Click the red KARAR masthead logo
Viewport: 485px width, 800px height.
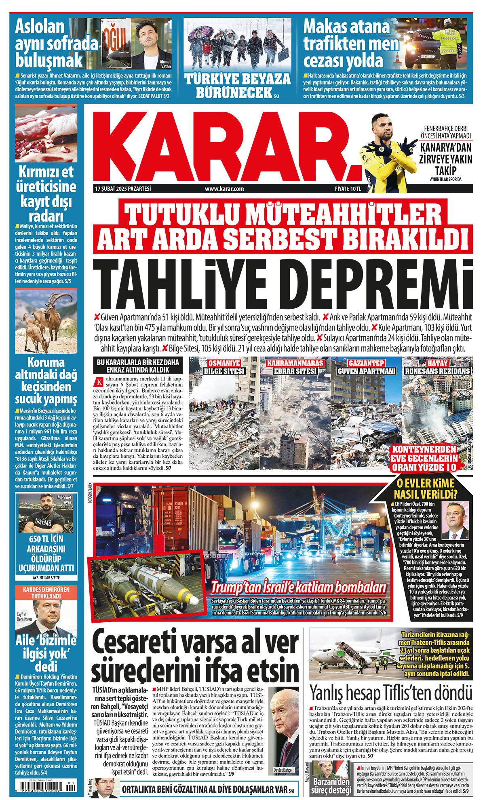click(x=226, y=145)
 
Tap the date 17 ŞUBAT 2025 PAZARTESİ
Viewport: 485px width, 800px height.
click(x=123, y=189)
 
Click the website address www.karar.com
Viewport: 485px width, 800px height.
click(x=224, y=189)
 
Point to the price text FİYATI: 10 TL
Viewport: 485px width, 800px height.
click(x=348, y=189)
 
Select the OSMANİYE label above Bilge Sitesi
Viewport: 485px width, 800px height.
click(x=224, y=363)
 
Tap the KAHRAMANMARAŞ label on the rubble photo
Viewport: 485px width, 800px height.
click(x=295, y=363)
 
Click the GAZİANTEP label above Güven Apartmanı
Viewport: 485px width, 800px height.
click(x=366, y=363)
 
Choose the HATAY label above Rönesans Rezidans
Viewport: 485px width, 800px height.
click(x=437, y=363)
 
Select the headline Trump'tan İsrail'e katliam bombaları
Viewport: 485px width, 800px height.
click(x=299, y=587)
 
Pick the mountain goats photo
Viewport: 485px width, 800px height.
click(x=46, y=321)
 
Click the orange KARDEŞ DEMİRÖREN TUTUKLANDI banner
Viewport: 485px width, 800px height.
click(x=46, y=593)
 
